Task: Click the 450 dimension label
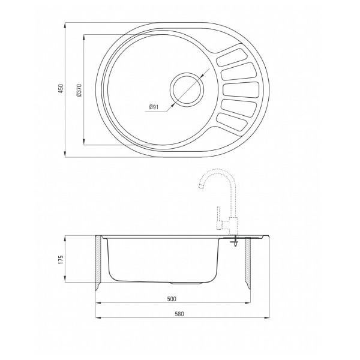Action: (x=59, y=89)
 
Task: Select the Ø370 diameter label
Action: (x=79, y=90)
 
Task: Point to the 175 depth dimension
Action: (x=59, y=259)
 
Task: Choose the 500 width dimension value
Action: (x=172, y=298)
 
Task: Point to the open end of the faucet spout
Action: (x=200, y=188)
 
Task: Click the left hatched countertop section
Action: (x=98, y=260)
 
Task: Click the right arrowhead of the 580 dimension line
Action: (x=268, y=319)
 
